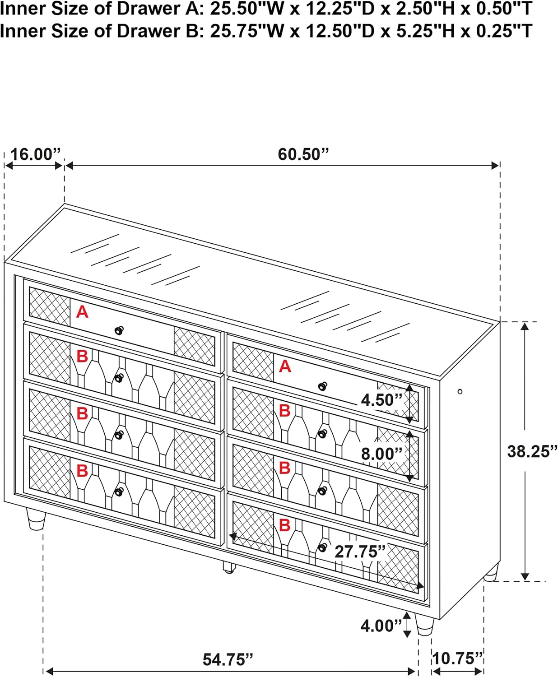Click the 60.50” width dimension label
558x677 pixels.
[303, 154]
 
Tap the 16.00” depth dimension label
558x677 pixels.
[36, 154]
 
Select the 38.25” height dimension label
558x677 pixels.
[532, 451]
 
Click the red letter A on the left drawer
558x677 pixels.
[83, 312]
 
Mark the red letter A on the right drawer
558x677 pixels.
[285, 366]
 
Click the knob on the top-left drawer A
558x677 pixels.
[119, 330]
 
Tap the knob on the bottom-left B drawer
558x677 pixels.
[119, 492]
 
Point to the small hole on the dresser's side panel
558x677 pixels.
[460, 392]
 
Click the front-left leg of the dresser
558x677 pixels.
[36, 519]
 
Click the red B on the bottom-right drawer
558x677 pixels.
[284, 525]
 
